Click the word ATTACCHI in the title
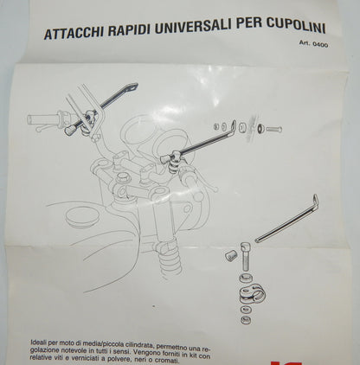[x=74, y=33]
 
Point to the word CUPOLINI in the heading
[x=296, y=26]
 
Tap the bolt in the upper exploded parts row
[x=273, y=129]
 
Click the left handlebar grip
[x=43, y=119]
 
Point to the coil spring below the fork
[x=171, y=264]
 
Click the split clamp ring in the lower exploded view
[x=252, y=294]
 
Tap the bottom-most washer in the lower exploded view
[x=246, y=319]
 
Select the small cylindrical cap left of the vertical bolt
[x=231, y=255]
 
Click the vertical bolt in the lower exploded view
[x=246, y=256]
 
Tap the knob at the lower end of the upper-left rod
[x=70, y=130]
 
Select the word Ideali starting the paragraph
[x=39, y=343]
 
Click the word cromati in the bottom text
[x=165, y=361]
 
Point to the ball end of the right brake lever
[x=215, y=189]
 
